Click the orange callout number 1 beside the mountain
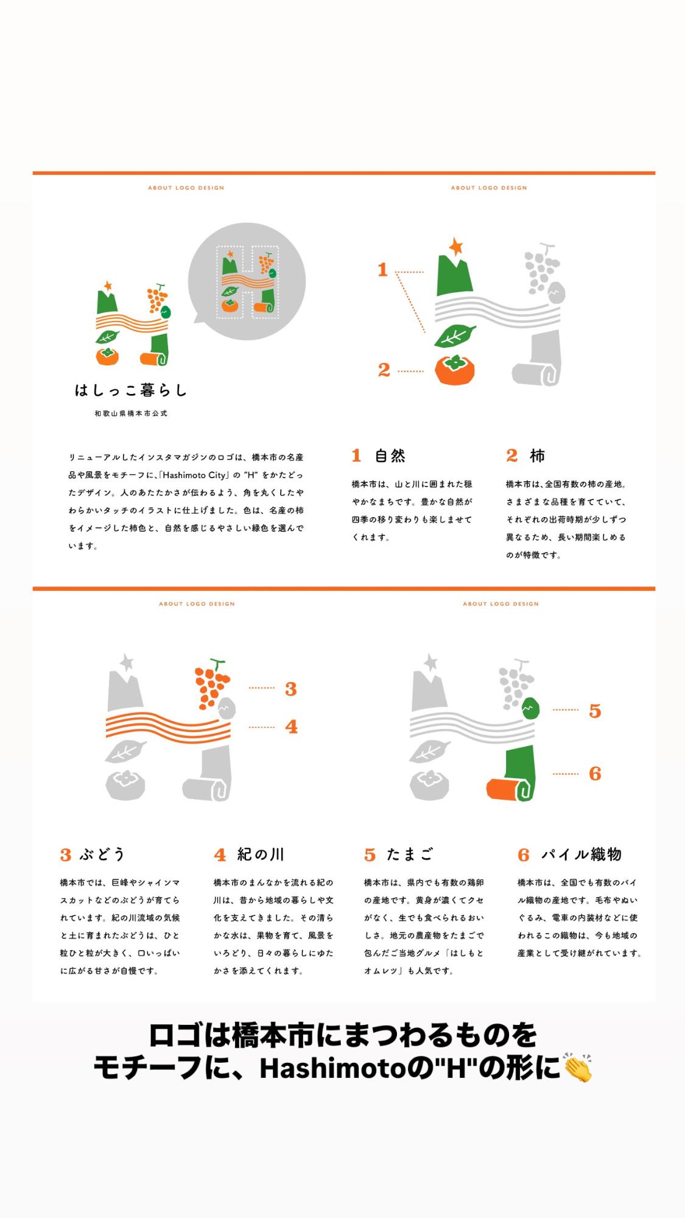tap(382, 269)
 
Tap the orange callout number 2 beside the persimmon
tap(384, 370)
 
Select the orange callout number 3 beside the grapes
tap(291, 689)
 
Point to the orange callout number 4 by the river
tap(292, 727)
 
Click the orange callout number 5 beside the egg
tap(595, 711)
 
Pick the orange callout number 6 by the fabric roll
tap(595, 773)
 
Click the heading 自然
tap(390, 456)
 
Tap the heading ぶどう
tap(102, 854)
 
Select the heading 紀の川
tap(261, 854)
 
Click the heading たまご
tap(410, 854)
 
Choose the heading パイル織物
tap(581, 854)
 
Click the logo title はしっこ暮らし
tap(131, 390)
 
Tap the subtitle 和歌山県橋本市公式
tap(131, 414)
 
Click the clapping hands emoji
tap(578, 1068)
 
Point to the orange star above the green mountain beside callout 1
tap(455, 246)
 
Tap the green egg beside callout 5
tap(531, 708)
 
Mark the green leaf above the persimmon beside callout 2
tap(454, 336)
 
